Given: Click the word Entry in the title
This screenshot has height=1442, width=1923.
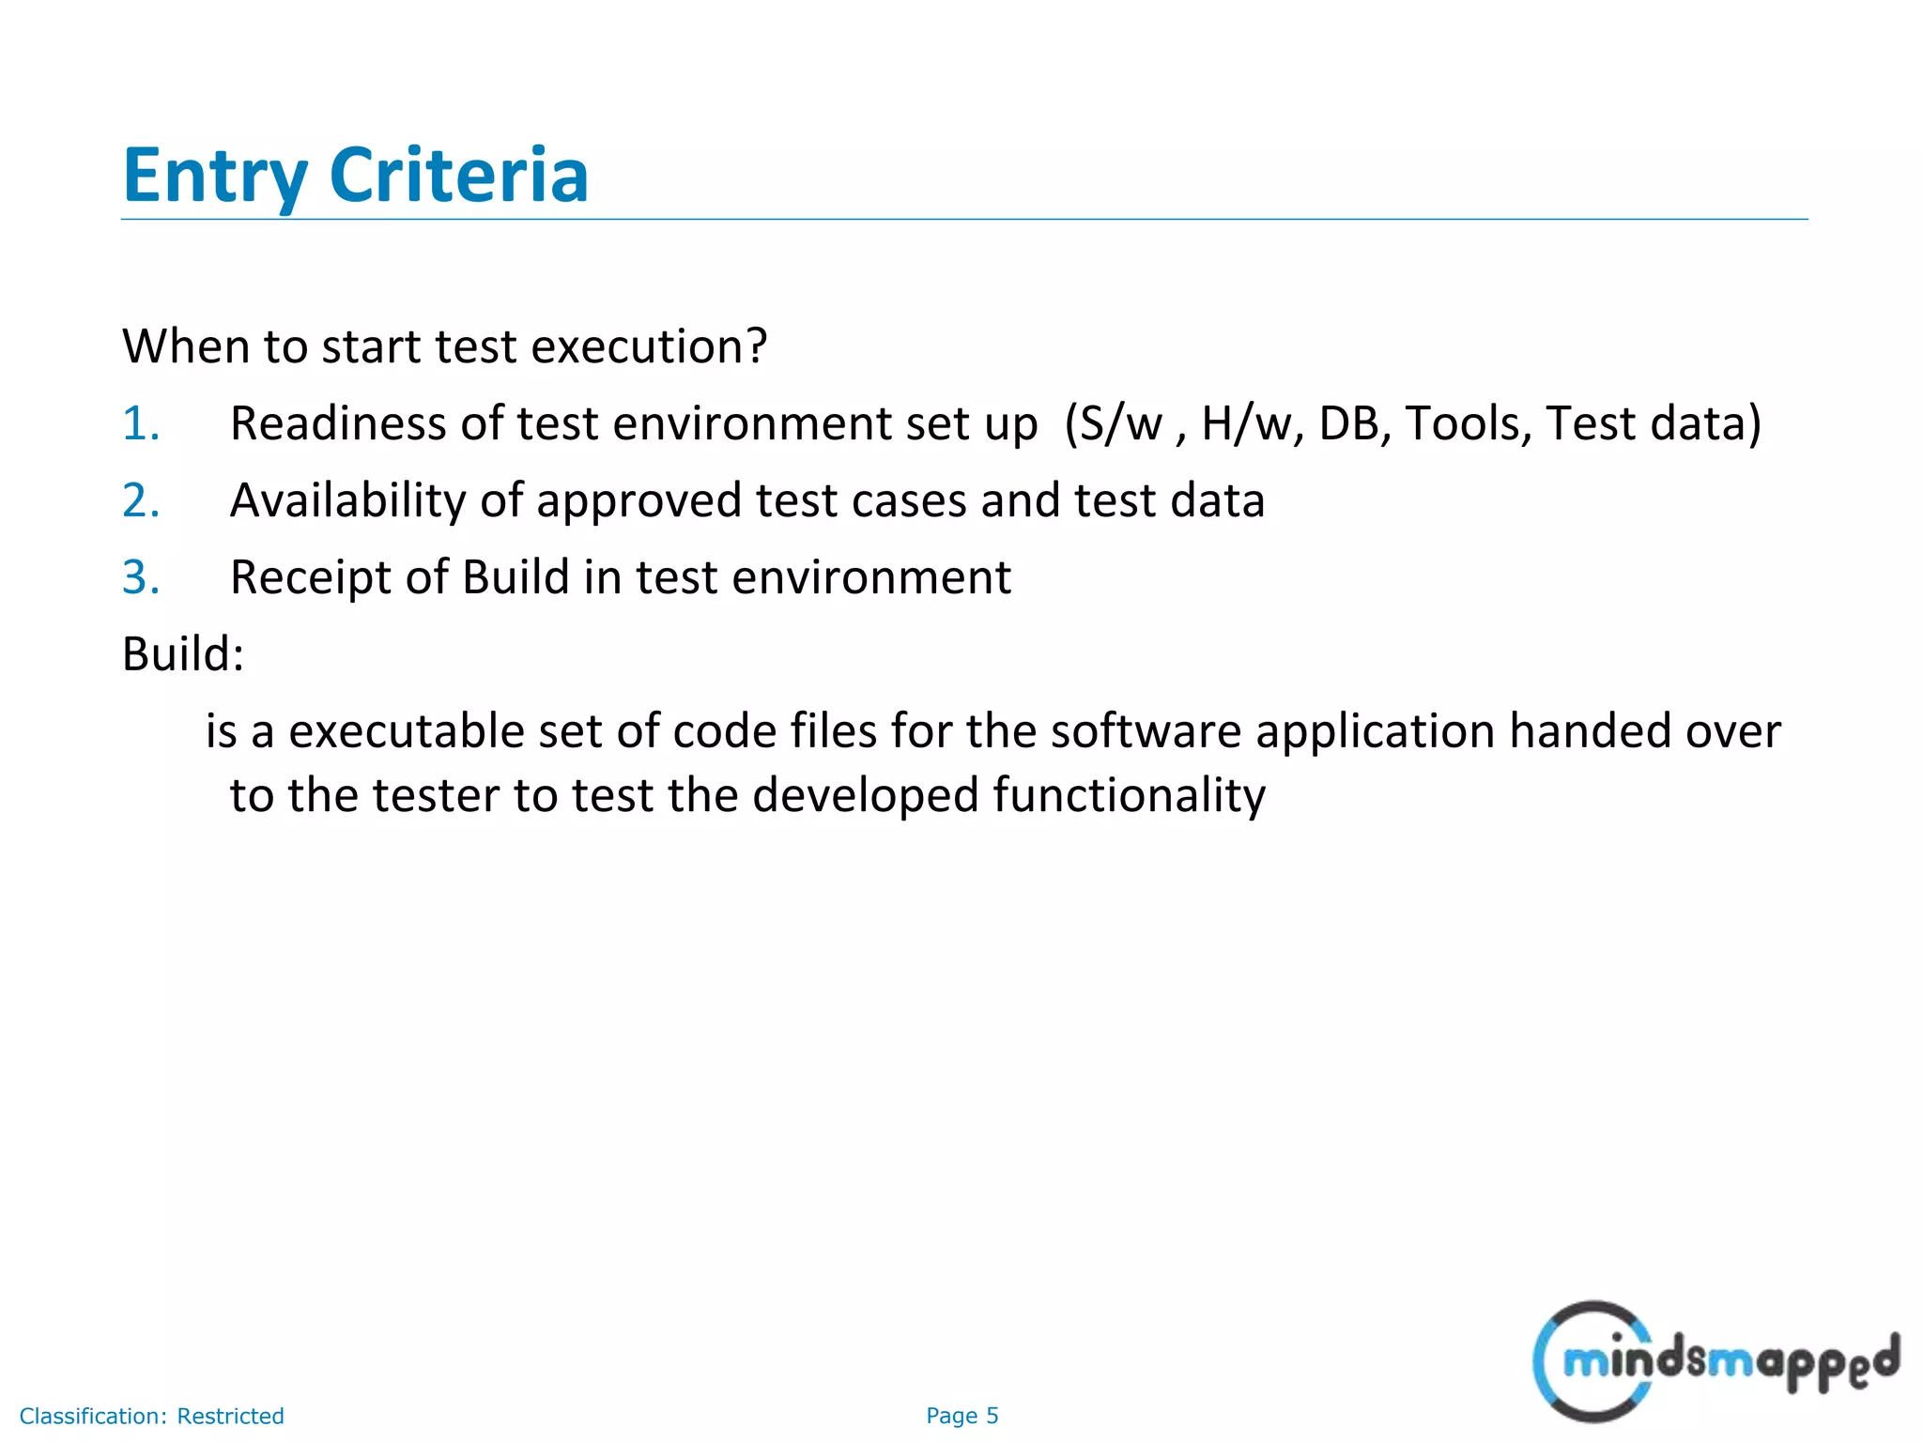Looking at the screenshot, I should (214, 176).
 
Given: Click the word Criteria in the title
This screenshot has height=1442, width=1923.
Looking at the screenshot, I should (458, 176).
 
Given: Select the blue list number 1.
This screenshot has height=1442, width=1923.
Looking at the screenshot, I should (140, 423).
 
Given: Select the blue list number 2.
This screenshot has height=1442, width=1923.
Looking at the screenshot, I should (140, 500).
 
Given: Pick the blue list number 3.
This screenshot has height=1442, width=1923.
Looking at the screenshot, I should (140, 577).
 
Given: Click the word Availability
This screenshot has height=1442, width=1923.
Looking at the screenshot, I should (347, 500).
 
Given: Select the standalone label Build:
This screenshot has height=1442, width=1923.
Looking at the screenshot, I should (183, 653).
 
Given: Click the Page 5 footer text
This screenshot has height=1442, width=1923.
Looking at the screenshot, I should (961, 1416).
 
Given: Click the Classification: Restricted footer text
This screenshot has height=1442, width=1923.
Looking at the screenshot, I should (151, 1416).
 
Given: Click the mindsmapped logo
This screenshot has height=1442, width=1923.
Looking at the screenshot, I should (1715, 1361).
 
